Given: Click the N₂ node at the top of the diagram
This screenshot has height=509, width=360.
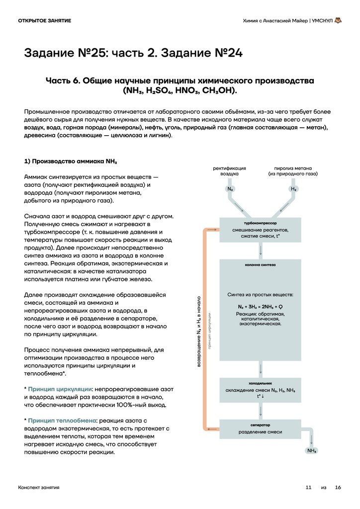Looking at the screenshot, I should point(230,189).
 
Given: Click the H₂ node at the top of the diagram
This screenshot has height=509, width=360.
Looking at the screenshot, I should point(293,189).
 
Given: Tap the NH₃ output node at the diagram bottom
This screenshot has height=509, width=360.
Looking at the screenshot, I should point(312,450).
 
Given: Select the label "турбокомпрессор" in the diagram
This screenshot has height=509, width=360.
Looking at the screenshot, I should point(260,223).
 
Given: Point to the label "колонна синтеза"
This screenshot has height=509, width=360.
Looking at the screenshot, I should point(260,265).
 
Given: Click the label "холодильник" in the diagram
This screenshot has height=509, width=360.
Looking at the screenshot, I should point(260,383).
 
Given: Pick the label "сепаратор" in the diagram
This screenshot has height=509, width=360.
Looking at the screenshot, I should point(260,425).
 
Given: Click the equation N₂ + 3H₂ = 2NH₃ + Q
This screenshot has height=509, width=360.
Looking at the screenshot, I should point(260,306).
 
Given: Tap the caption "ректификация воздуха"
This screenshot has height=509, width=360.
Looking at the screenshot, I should point(230,171).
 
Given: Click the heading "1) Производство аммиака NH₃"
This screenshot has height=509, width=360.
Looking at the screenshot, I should point(71,162).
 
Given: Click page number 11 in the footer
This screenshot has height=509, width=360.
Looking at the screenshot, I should point(308,488).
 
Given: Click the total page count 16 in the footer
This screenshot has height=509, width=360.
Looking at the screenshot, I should point(338,488).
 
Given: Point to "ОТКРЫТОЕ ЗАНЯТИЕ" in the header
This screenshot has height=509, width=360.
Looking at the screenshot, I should point(44,20).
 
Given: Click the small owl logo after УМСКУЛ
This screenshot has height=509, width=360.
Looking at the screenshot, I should point(338,21).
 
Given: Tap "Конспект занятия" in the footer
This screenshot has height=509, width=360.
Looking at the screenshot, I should point(39,488).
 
